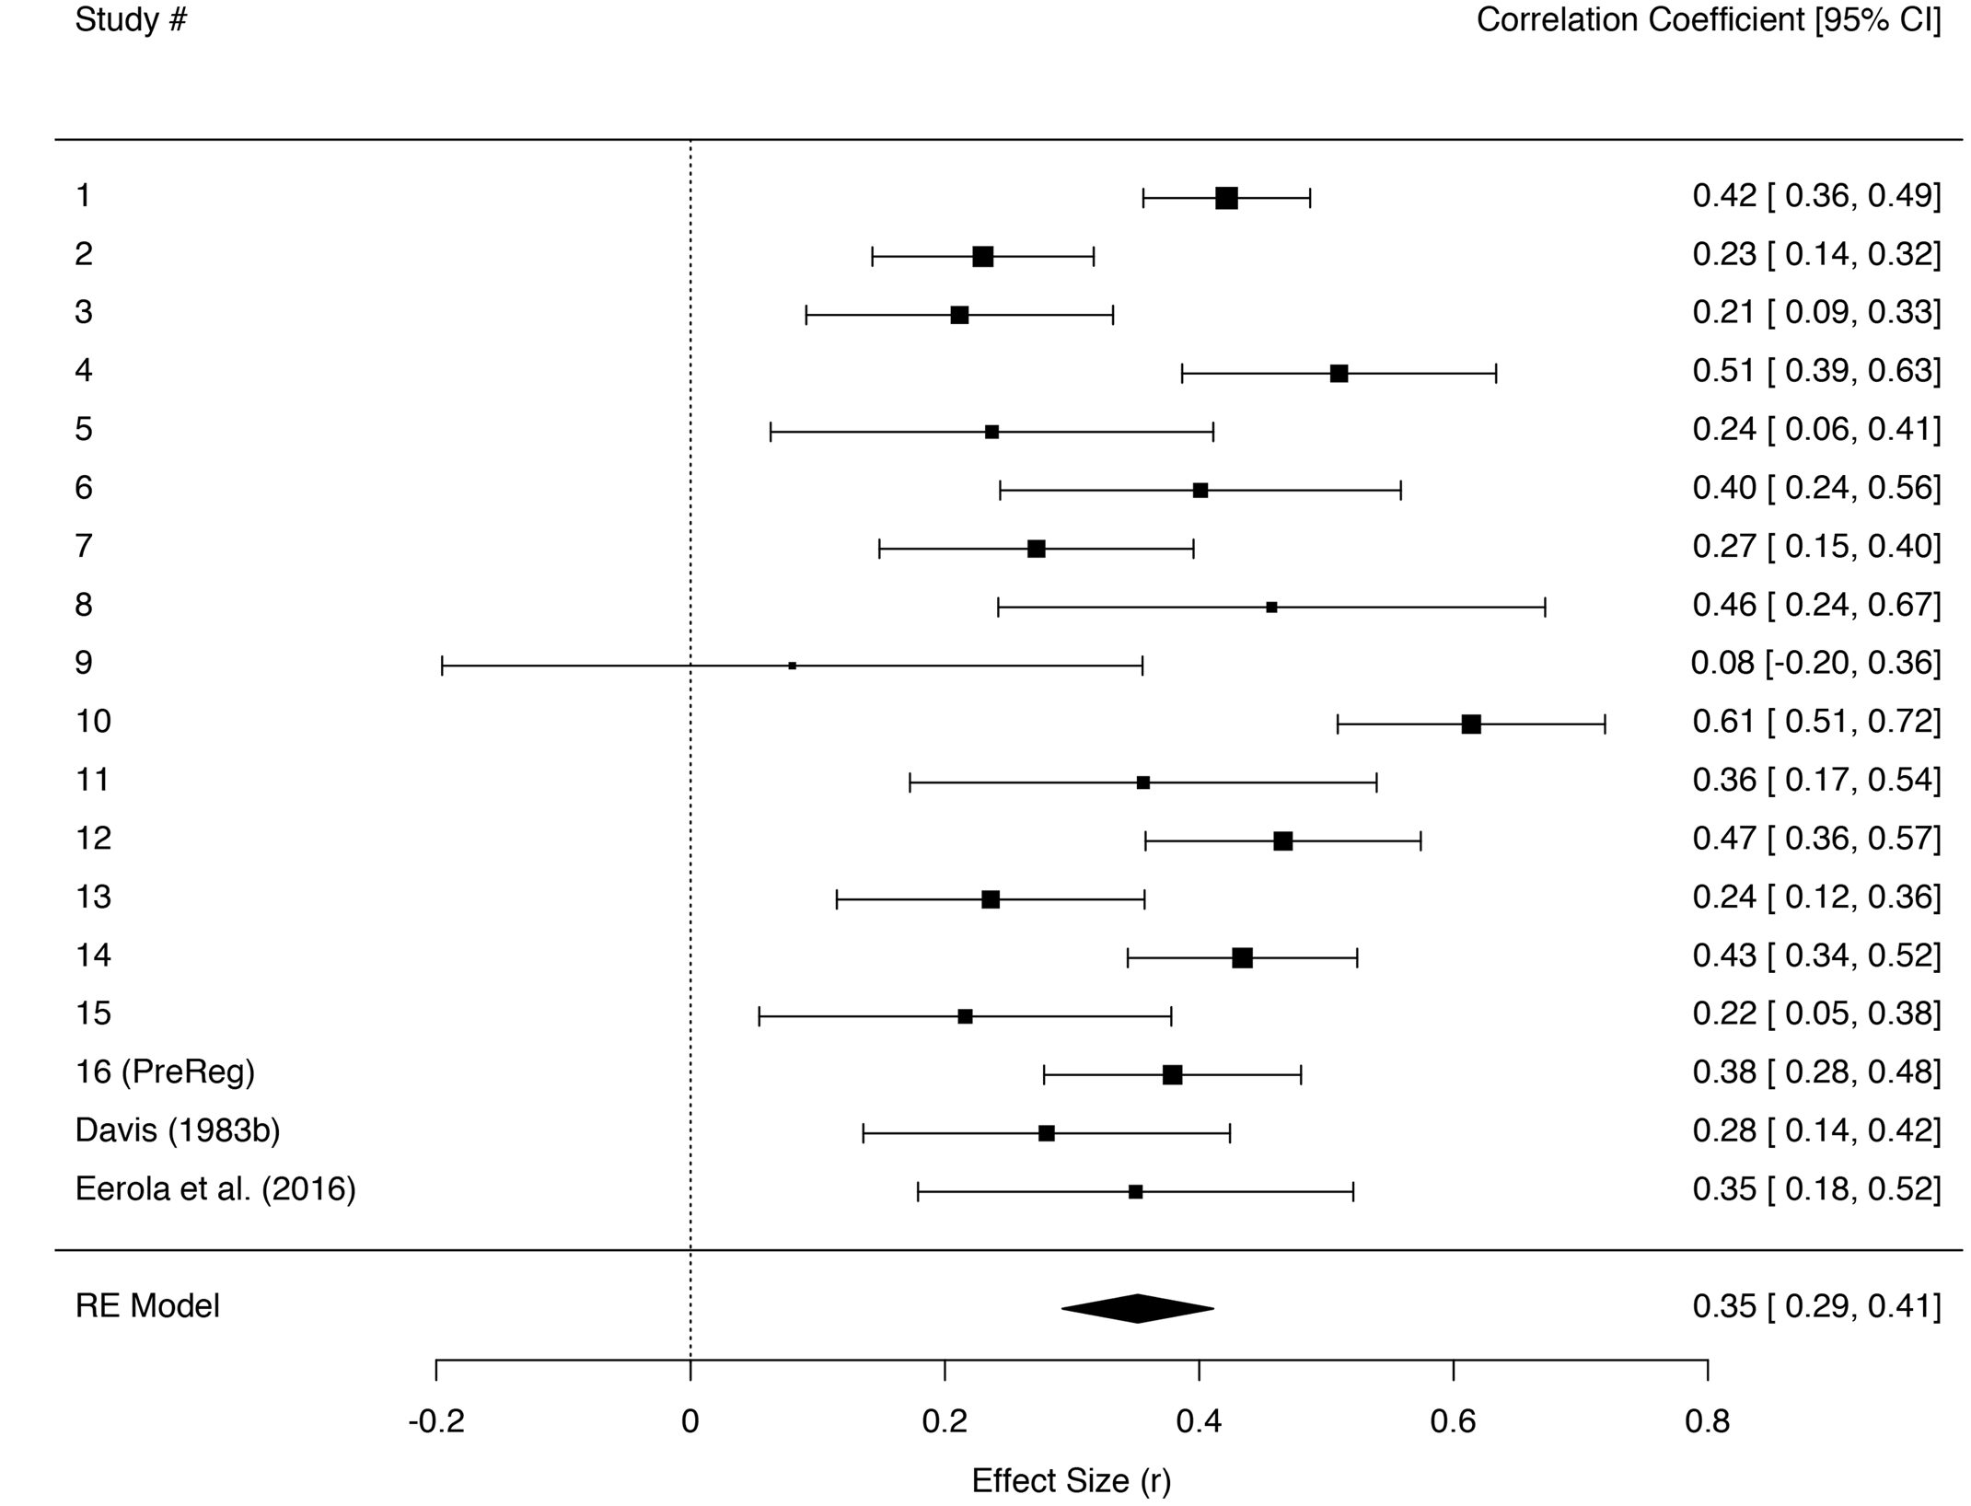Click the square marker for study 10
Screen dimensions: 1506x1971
point(1471,724)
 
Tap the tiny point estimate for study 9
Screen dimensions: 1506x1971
point(792,666)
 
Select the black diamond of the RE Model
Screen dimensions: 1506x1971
point(1138,1308)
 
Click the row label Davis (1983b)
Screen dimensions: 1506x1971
point(178,1130)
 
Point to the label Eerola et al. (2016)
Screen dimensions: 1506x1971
point(215,1189)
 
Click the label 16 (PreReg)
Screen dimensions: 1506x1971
point(165,1072)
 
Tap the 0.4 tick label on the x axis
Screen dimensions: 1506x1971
point(1199,1422)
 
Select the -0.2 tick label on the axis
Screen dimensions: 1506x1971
point(435,1422)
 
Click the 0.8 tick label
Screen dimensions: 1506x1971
point(1707,1422)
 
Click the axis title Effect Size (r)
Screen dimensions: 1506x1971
point(1071,1481)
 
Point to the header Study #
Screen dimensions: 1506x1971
point(131,19)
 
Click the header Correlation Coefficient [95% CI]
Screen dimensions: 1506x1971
point(1709,19)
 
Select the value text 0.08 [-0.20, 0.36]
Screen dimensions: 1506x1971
point(1815,663)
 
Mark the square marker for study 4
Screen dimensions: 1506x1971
point(1339,374)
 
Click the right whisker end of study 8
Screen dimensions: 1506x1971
point(1545,608)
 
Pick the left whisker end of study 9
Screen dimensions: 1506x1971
point(442,666)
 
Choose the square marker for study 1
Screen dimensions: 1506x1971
point(1226,198)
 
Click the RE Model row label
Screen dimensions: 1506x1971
point(147,1306)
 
